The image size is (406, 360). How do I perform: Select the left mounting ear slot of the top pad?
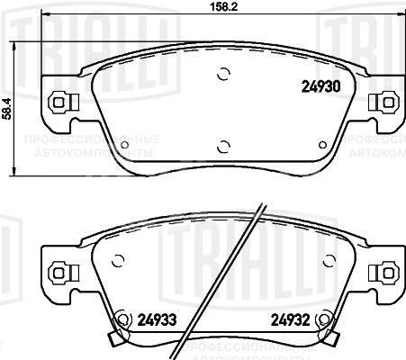[59, 103]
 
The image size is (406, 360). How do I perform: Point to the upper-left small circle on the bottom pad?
[116, 263]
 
